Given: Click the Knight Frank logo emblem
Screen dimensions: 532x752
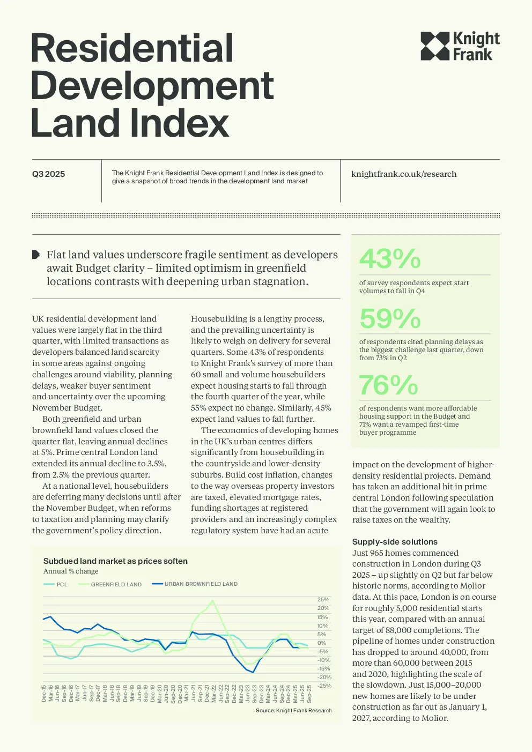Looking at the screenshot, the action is coord(435,46).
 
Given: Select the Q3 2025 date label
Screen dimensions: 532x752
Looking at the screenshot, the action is coord(48,174).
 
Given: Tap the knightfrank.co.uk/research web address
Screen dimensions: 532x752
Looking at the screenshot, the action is coord(404,174).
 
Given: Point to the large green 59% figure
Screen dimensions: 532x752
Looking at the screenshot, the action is coord(389,318).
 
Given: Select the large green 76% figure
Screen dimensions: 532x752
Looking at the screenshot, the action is coord(388,385).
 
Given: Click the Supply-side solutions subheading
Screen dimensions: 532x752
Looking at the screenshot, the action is coord(395,541).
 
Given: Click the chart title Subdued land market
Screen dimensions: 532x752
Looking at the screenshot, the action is coord(115,561).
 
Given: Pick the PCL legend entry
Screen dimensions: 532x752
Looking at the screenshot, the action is coord(56,584).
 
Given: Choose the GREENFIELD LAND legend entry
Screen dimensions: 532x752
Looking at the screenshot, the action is coord(110,584).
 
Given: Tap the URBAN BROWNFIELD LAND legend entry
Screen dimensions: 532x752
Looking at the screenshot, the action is coord(195,584).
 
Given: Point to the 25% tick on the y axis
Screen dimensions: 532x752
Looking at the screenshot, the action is coord(323,600).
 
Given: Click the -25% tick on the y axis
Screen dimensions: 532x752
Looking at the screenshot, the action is coord(324,686).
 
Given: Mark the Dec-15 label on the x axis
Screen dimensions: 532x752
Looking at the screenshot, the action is coord(43,693).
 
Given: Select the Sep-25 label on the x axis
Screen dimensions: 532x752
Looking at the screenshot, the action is coord(309,694).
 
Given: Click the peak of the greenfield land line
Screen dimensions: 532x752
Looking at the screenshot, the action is coord(212,601).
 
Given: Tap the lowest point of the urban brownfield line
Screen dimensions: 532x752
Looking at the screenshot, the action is coord(253,672).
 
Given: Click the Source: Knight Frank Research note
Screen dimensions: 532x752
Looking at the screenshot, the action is coord(293,710).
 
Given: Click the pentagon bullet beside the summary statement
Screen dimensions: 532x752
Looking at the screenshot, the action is coord(36,255).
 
